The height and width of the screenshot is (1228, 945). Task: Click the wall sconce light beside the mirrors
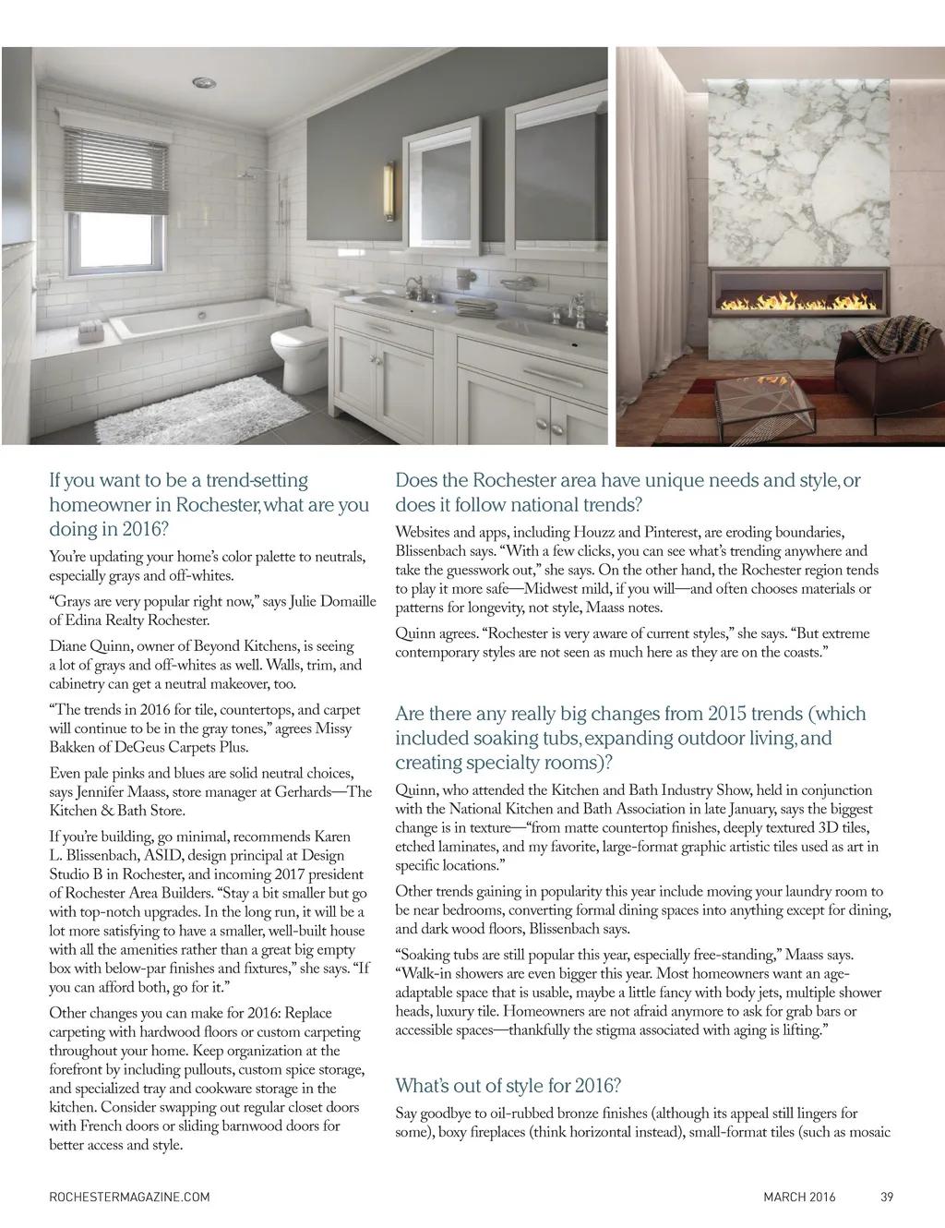[x=389, y=190]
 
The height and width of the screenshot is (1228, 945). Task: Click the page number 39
[x=886, y=1198]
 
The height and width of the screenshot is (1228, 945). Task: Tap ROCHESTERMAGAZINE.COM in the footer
[x=129, y=1198]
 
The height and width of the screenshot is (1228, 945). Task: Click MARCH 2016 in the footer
[x=799, y=1198]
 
